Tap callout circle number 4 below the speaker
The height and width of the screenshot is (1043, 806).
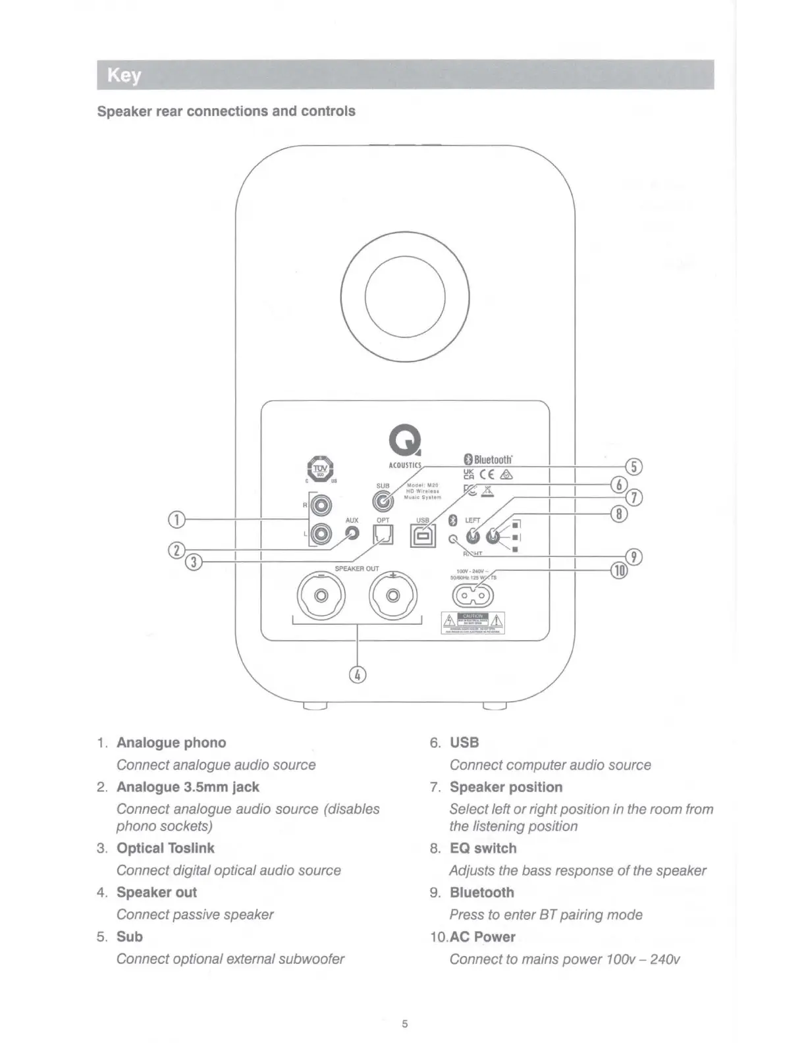click(x=357, y=675)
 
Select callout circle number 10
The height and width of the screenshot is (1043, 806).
click(x=618, y=570)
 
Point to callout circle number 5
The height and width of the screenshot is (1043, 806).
click(x=633, y=467)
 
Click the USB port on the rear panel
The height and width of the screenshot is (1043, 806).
click(x=422, y=537)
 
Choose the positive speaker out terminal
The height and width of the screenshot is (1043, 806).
click(x=393, y=596)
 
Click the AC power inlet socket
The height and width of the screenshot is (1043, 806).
click(x=471, y=597)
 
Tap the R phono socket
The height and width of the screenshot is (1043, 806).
click(x=322, y=506)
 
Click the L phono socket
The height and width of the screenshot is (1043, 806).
click(x=322, y=533)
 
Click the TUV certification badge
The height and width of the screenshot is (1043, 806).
click(x=321, y=469)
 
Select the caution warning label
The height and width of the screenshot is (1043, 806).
click(x=473, y=622)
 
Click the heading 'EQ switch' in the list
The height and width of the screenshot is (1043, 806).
click(x=483, y=848)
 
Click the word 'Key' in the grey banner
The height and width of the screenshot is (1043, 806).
click(x=124, y=75)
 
